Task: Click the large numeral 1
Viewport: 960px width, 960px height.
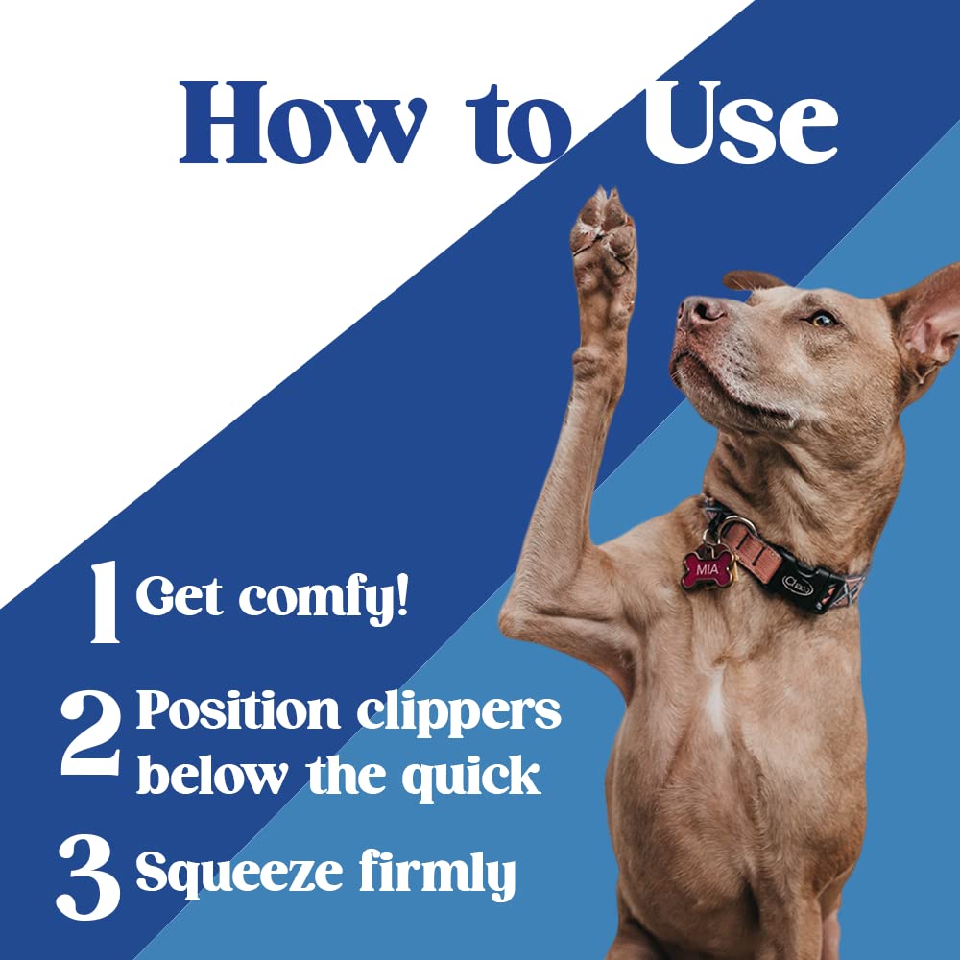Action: point(104,602)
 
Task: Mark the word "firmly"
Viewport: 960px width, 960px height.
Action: point(437,874)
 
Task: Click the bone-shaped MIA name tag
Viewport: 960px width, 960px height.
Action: point(708,569)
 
